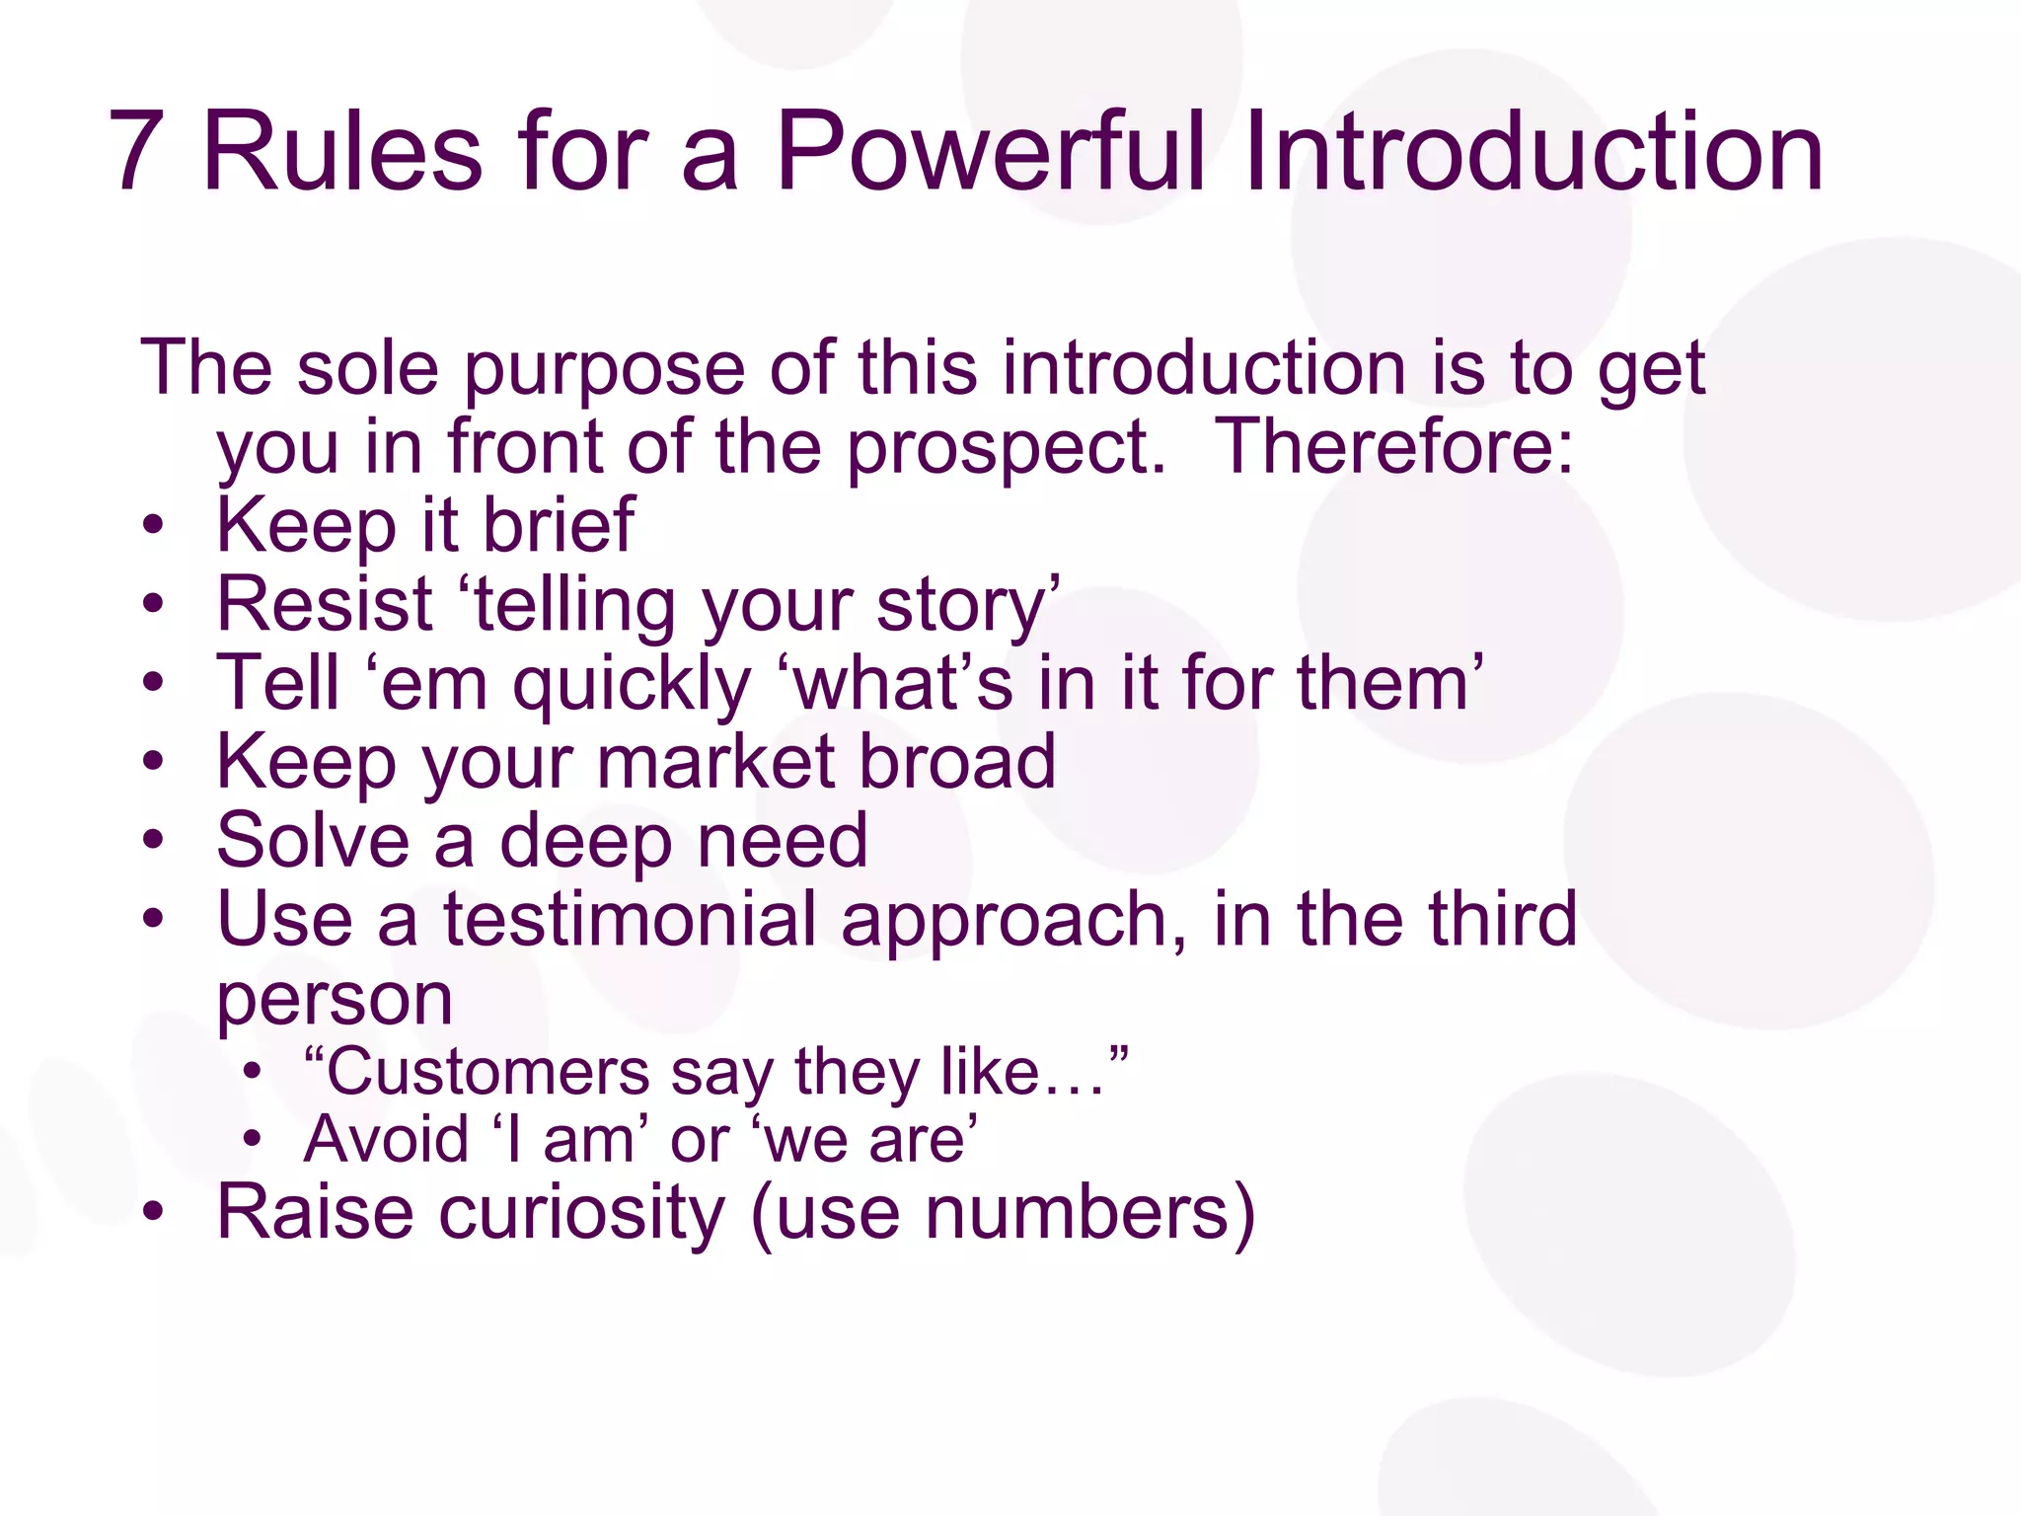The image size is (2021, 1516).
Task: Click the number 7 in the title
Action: [138, 153]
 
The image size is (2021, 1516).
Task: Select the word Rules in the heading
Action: [342, 153]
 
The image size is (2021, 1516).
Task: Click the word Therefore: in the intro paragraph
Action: [1392, 447]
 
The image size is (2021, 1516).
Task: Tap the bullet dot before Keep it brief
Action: [153, 525]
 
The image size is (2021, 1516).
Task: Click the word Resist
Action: [325, 604]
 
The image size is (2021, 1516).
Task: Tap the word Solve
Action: [313, 841]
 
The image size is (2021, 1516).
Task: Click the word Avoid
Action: [386, 1140]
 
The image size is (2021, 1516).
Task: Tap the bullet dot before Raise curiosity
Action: [153, 1213]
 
